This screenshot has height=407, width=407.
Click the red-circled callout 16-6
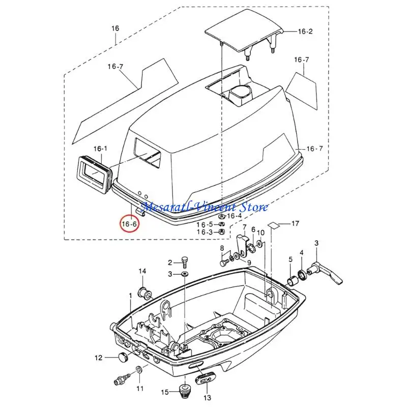pos(129,223)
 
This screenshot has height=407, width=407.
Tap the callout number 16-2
pos(306,32)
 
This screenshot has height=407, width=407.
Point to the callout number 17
pos(295,223)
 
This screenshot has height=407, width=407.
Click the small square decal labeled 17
pos(273,225)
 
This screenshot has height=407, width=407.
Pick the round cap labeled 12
pos(122,358)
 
